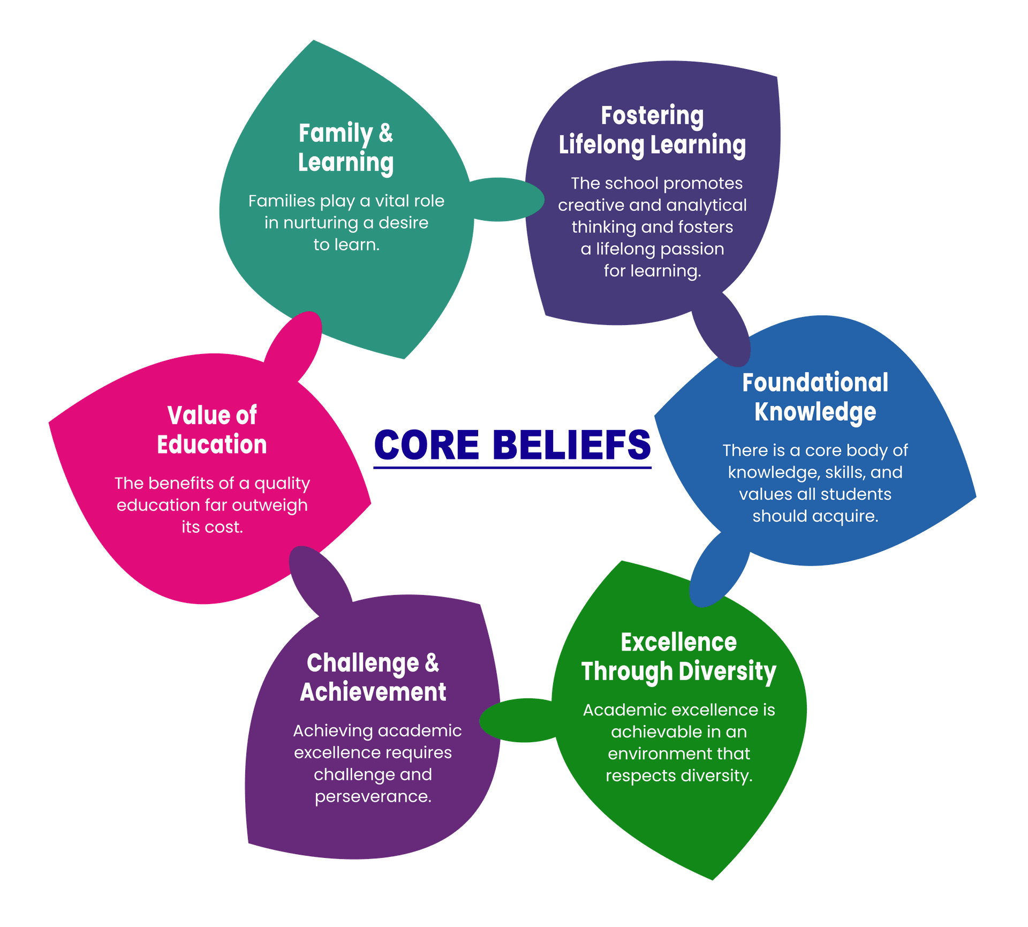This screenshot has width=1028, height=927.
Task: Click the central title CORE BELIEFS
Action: tap(512, 444)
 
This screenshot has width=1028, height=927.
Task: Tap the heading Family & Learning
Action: tap(346, 148)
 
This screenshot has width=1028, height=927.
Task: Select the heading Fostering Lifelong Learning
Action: tap(652, 130)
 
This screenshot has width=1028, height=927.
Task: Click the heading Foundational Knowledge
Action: tap(815, 397)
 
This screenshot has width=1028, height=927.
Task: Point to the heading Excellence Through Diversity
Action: tap(678, 657)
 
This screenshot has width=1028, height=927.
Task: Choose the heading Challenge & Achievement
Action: tap(373, 677)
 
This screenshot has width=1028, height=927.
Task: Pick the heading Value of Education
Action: tap(212, 430)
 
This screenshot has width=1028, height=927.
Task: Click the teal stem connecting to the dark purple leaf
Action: tap(506, 199)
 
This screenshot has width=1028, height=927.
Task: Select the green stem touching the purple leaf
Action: tap(514, 720)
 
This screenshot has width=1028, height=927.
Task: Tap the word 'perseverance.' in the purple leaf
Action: tap(373, 797)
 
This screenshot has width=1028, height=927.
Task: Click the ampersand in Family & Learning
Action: tap(385, 133)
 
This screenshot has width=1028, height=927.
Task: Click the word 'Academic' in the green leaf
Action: tap(617, 710)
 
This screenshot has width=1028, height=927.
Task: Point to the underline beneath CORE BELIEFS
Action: tap(512, 468)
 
